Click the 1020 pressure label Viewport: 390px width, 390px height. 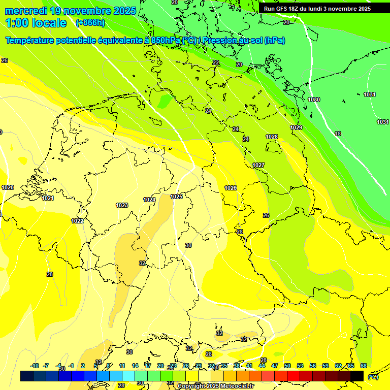8,187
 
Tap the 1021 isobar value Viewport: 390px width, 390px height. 48,198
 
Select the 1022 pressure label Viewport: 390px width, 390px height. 77,221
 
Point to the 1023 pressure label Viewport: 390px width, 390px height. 122,205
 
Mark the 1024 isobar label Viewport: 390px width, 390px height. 149,200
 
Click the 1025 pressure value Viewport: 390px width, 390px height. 176,197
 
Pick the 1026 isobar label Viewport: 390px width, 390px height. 231,188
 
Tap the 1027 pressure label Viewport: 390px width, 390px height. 258,165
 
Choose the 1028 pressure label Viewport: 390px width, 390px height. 272,137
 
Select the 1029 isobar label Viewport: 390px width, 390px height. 296,127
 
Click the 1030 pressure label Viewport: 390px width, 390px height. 314,100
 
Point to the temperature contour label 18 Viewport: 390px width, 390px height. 338,134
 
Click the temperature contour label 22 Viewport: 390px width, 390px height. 216,62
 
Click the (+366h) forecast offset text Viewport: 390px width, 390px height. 90,22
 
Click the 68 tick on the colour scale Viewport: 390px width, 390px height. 363,366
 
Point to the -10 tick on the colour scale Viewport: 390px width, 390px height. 35,366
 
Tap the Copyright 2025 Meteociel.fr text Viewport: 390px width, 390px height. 215,386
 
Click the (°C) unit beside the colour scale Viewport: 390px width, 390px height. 373,377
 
